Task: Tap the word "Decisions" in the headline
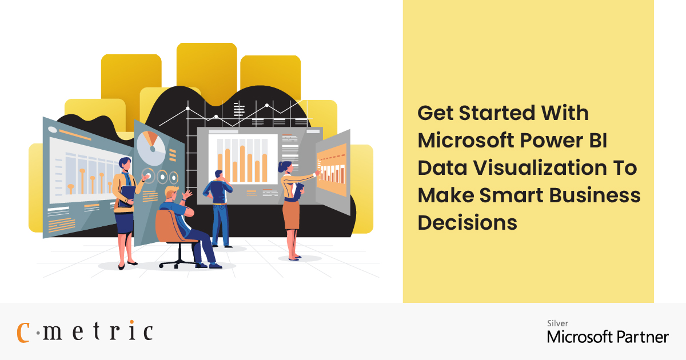tap(467, 223)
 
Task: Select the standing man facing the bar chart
tap(220, 206)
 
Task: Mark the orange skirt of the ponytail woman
tap(291, 213)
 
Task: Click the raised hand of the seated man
tap(186, 195)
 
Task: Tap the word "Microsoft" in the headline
tap(463, 141)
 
